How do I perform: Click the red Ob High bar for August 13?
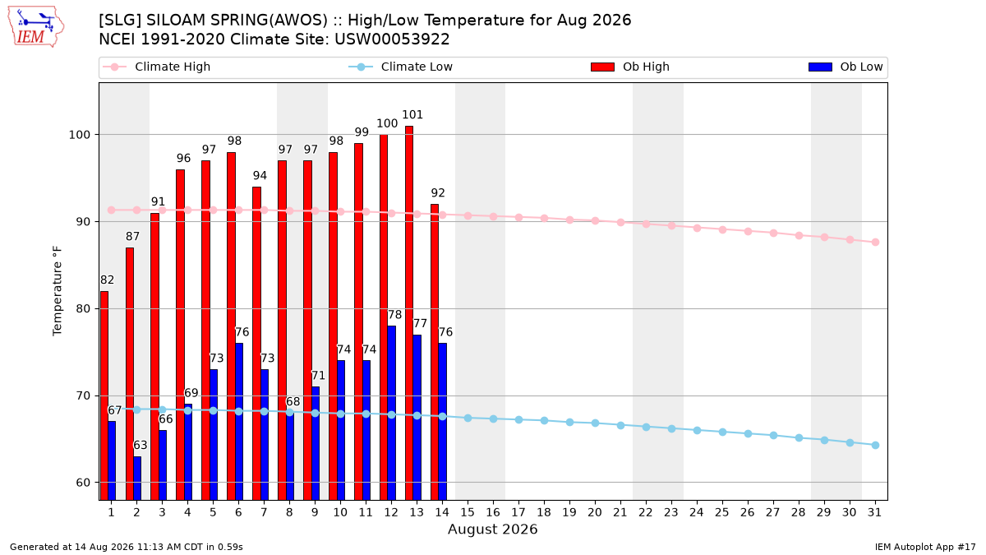[x=409, y=312]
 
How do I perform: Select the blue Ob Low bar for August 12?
[x=391, y=413]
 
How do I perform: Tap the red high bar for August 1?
[x=104, y=395]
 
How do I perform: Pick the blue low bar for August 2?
[x=137, y=478]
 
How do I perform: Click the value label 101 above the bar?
[x=412, y=114]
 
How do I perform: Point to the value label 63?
[x=140, y=445]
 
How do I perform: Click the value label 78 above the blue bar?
[x=395, y=314]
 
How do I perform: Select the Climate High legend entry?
[x=156, y=67]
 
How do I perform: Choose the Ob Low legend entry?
[x=845, y=67]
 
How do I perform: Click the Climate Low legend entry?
[x=401, y=67]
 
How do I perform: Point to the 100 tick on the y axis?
[x=79, y=135]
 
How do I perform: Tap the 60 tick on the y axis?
[x=83, y=483]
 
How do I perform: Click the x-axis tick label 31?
[x=875, y=512]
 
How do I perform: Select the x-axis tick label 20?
[x=595, y=512]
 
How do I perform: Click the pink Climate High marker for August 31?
[x=875, y=243]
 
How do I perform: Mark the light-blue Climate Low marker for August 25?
[x=722, y=432]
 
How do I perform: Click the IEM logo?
[x=36, y=27]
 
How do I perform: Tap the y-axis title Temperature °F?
[x=58, y=291]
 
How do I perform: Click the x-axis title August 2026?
[x=492, y=529]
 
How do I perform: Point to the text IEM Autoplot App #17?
[x=925, y=547]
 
